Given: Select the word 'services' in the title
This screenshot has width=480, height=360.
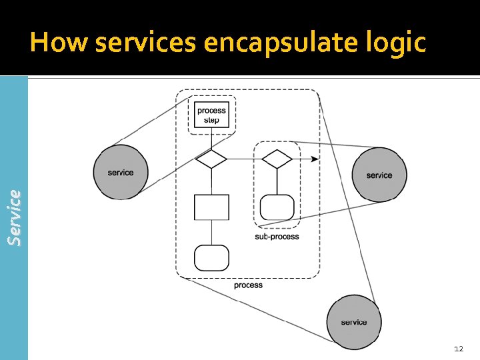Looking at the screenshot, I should [146, 43].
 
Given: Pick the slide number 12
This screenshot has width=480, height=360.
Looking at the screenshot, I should [458, 349].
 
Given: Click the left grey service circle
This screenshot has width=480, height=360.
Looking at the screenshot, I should [121, 172].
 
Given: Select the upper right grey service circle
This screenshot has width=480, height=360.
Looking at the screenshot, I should [379, 175].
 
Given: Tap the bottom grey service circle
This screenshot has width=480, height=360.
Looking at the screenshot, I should [353, 322].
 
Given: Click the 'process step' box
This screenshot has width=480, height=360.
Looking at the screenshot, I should [211, 115].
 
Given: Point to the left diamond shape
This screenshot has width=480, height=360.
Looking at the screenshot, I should [211, 159].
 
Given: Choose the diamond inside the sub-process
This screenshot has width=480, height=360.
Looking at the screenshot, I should [277, 159].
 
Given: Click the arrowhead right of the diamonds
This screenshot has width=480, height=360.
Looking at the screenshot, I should [315, 159].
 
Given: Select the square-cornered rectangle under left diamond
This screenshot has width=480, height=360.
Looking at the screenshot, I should [211, 207].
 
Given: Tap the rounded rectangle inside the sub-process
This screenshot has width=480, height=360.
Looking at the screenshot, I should [277, 207].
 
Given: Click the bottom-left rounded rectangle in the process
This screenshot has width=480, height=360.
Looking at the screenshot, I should [211, 257].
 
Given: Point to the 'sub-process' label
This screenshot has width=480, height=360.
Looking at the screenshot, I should [277, 237].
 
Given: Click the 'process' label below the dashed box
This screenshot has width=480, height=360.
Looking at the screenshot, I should [248, 285].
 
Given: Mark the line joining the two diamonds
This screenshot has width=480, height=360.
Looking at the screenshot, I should [244, 159].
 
